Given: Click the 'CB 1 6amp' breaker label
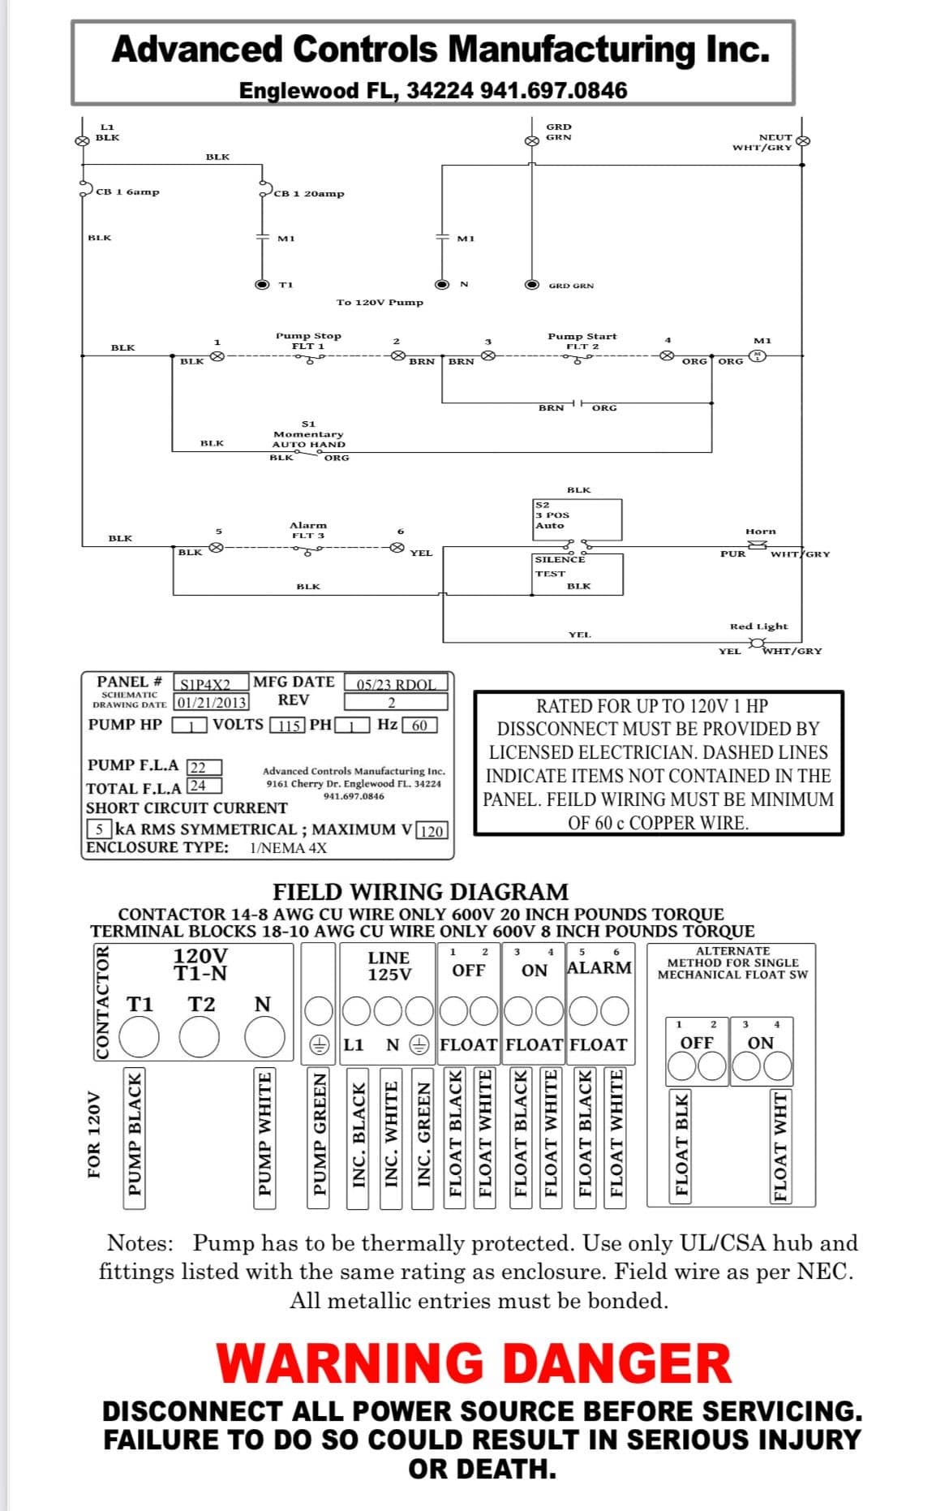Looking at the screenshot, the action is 127,192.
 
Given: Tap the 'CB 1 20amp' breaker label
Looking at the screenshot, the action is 309,194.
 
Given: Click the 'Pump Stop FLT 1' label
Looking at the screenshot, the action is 308,341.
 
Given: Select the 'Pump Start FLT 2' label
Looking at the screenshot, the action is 582,341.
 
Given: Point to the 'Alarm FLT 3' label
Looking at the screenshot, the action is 308,530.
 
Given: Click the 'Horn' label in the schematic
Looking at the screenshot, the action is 761,532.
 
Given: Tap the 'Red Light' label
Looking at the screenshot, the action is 758,626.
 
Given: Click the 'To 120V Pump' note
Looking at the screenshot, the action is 380,303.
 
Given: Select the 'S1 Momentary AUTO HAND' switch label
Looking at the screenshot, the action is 308,434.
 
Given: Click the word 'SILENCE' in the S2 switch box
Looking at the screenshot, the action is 560,559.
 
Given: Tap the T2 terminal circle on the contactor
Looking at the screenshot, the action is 200,1037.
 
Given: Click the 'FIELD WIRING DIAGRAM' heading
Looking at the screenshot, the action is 420,892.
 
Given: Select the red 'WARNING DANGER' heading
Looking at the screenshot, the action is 474,1363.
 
